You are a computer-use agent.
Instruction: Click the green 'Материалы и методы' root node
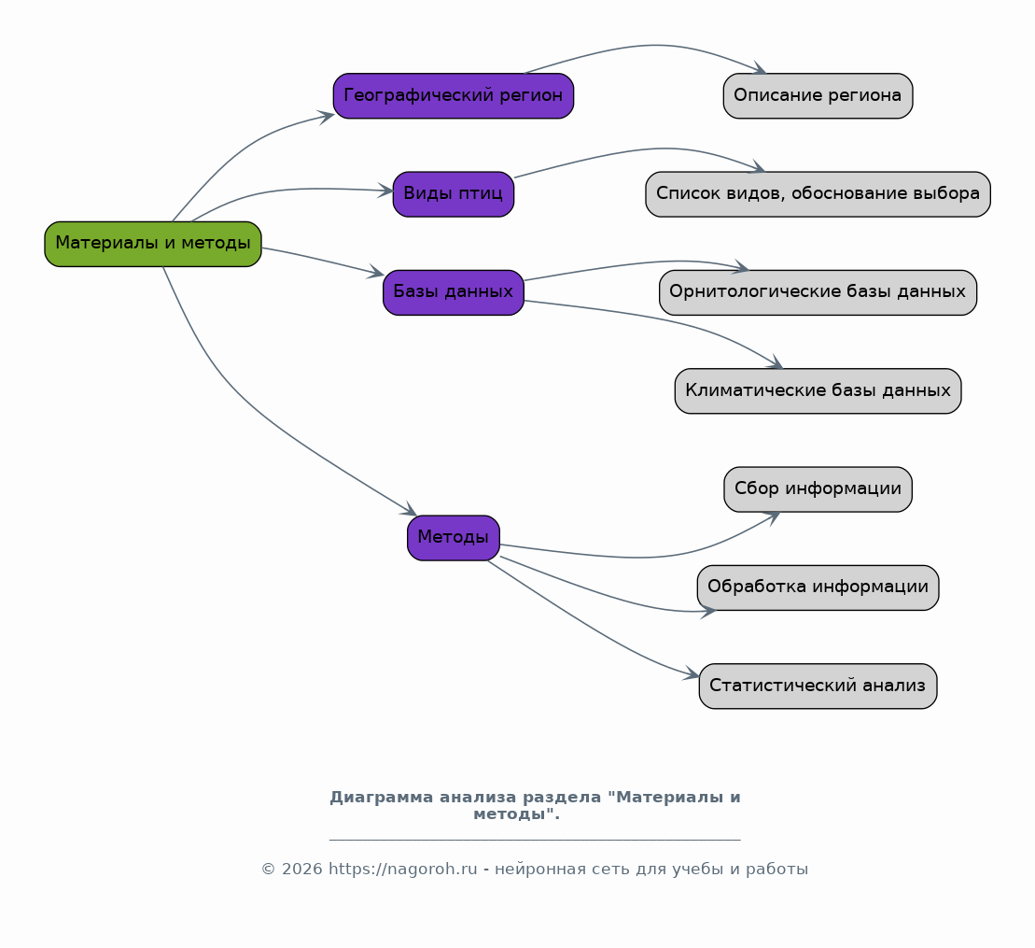153,244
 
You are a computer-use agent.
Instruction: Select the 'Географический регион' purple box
454,96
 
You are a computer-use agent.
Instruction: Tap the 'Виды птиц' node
454,194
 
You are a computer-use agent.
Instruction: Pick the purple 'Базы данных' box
454,292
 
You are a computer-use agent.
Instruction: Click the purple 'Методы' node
454,538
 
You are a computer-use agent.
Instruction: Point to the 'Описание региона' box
818,96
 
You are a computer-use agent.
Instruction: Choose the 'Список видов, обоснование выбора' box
818,194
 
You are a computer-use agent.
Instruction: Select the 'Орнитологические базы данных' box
818,292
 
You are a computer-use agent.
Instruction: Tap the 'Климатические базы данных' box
818,391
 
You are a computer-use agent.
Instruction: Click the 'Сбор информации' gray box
818,489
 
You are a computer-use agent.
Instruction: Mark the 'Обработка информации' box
818,588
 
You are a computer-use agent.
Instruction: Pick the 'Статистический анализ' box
818,686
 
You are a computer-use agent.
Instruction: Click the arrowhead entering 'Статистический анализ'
692,673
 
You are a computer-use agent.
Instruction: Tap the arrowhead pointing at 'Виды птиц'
385,191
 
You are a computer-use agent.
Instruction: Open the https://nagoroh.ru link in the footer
402,870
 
